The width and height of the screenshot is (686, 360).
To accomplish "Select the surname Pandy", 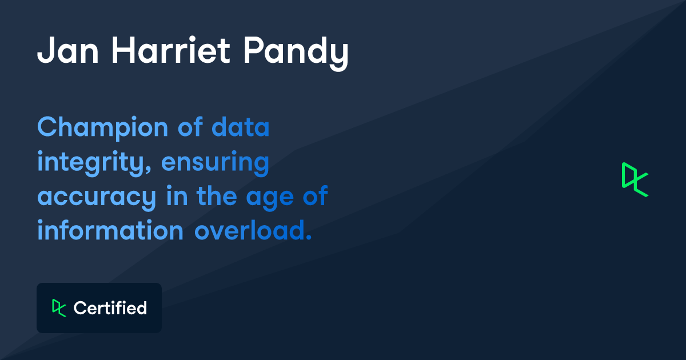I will pos(296,53).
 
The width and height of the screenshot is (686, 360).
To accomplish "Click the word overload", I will pos(249,231).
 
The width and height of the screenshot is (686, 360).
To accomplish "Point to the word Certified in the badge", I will pos(110,308).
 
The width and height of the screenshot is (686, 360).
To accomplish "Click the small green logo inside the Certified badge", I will pos(59,308).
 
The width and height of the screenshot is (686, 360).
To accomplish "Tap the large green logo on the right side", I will pos(635,179).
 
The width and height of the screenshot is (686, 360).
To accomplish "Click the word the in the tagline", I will pos(218,197).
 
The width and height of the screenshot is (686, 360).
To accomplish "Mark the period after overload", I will pos(309,237).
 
